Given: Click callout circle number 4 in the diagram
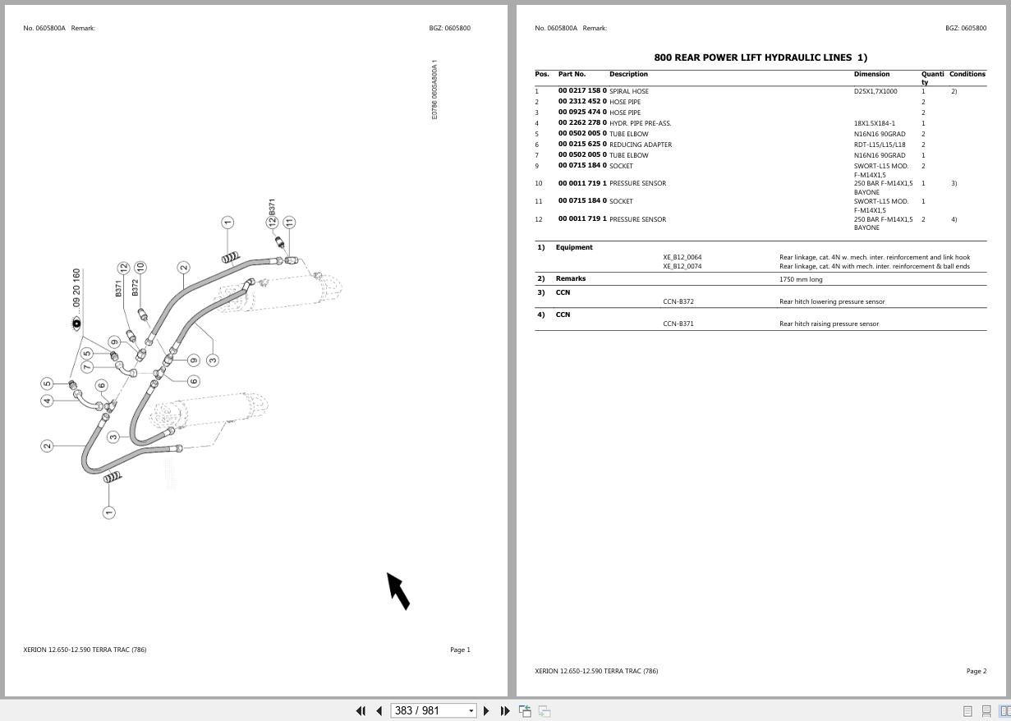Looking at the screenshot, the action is click(47, 401).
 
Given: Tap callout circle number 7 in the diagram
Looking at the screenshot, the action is click(87, 367).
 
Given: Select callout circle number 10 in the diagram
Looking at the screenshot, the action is click(140, 268).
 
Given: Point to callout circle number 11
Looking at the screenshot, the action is click(289, 222).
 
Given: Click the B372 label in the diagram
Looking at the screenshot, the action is click(135, 288).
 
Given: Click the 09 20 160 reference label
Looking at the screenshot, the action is click(76, 288).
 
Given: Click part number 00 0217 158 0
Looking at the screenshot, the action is click(582, 90).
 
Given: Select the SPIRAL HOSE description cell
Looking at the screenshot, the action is click(629, 91).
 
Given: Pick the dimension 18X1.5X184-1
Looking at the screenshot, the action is click(874, 123).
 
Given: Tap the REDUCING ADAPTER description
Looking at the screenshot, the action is click(641, 145).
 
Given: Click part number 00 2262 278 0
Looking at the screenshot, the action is click(582, 122).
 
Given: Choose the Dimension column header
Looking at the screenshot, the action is click(871, 74).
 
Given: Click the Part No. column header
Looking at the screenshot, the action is click(572, 74).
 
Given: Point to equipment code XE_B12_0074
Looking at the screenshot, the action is click(682, 266).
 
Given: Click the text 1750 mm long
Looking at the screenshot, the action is click(801, 279).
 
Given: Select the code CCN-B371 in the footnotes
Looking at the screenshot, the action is click(678, 324).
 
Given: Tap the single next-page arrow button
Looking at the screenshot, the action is click(486, 711).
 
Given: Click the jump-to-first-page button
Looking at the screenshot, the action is click(361, 711).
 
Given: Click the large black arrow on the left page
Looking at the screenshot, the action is click(398, 591).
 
